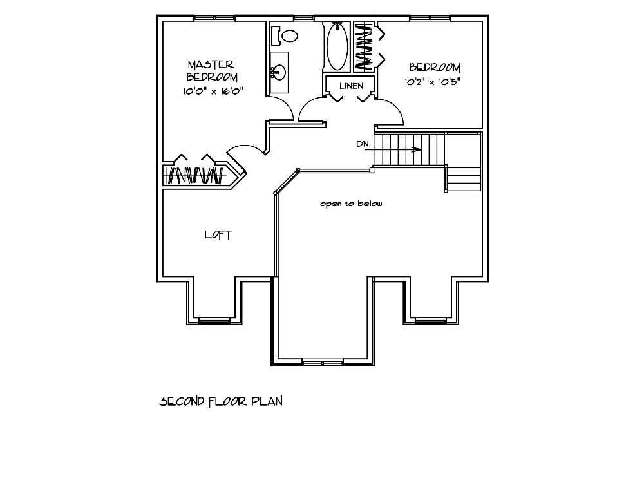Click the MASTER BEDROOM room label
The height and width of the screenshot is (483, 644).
[x=212, y=71]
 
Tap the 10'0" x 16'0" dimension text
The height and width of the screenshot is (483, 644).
[x=213, y=91]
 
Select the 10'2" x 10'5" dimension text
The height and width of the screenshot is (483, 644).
[x=433, y=82]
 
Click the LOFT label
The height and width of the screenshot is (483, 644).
[x=218, y=235]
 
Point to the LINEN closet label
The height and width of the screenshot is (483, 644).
[x=351, y=86]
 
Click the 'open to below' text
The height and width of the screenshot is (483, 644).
[x=351, y=204]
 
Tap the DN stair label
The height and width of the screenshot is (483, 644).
[x=363, y=144]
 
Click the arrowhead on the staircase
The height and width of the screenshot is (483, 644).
[x=417, y=149]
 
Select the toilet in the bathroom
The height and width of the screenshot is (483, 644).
[x=285, y=35]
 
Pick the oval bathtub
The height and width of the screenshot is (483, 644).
[x=337, y=47]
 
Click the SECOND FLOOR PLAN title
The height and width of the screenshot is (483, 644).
[x=221, y=401]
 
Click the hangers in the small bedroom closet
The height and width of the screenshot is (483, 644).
[x=363, y=46]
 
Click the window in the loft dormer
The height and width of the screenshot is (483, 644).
[x=214, y=320]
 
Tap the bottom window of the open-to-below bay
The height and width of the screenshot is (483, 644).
[x=323, y=362]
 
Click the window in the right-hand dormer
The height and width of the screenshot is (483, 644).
[x=430, y=320]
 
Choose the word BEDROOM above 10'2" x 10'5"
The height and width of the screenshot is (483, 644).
[x=435, y=68]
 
